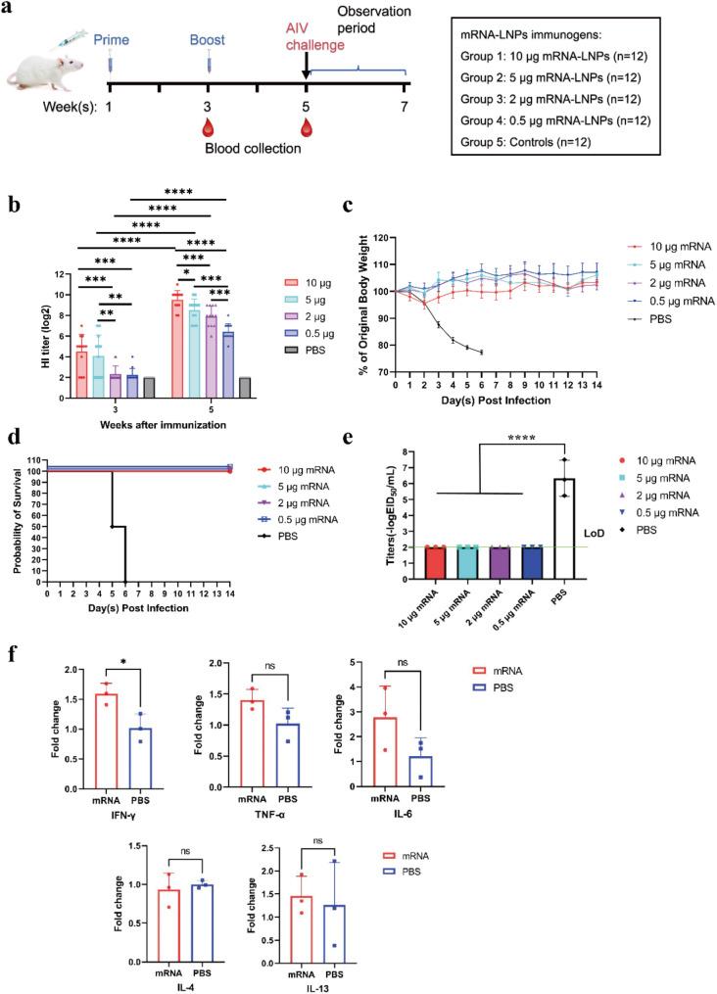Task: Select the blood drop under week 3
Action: pyautogui.click(x=208, y=126)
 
